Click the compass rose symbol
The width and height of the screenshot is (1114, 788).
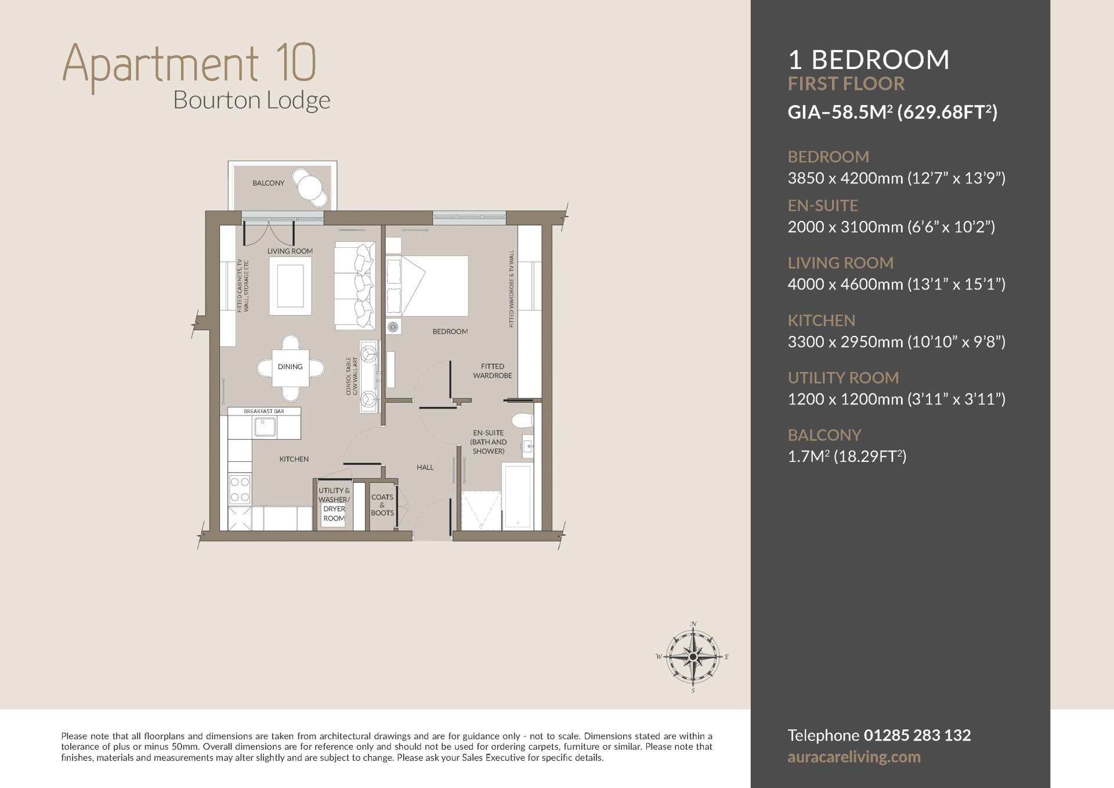(693, 657)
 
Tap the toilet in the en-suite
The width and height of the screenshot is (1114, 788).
(522, 420)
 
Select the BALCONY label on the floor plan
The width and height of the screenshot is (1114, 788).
(268, 183)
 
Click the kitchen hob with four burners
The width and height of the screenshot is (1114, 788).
(240, 489)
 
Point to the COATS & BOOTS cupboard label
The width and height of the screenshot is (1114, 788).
(382, 505)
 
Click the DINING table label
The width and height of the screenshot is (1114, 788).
(290, 367)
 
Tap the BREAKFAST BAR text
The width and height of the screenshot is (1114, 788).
(264, 411)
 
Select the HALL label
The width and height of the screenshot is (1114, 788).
(425, 467)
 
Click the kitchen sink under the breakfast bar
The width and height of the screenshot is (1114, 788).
(265, 427)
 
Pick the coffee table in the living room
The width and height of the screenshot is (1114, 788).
(290, 285)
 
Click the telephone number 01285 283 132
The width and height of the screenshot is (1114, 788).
(917, 735)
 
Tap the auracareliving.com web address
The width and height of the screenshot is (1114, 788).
(854, 757)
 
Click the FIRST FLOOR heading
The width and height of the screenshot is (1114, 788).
(846, 84)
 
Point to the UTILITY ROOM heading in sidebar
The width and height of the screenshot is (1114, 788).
(843, 378)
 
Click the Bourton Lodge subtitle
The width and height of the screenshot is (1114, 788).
(252, 100)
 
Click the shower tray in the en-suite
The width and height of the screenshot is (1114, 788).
(481, 510)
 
